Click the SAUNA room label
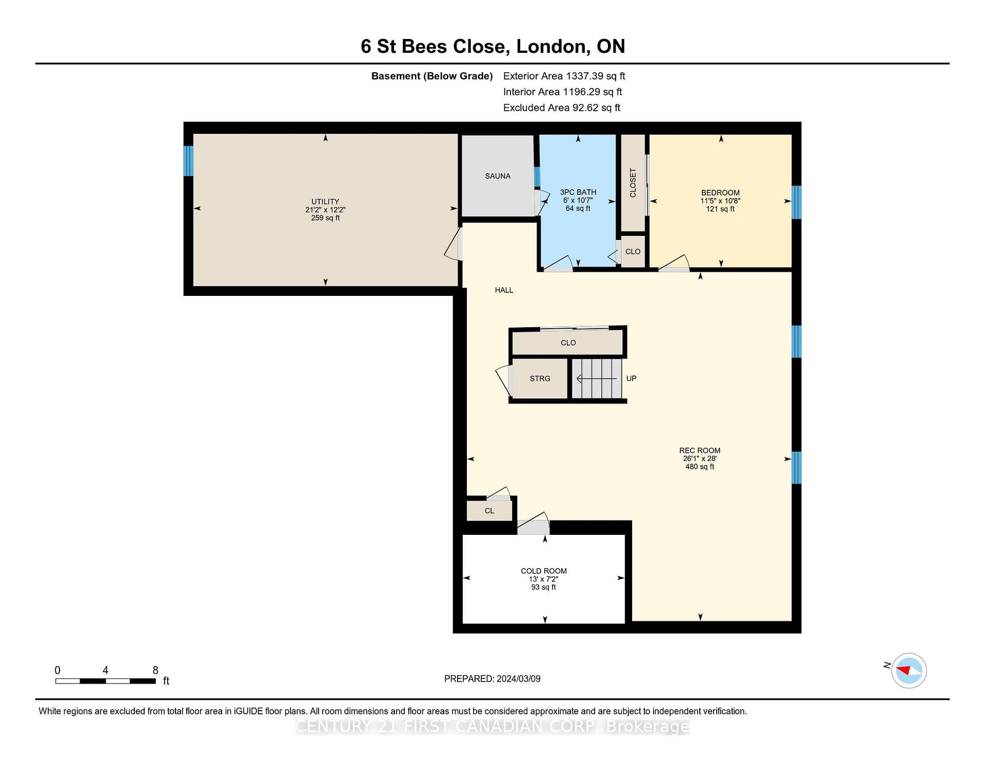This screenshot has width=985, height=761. (x=498, y=176)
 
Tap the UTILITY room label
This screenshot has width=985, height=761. (x=325, y=202)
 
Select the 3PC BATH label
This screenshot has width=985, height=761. (x=578, y=192)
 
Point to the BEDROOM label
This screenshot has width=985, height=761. (x=720, y=193)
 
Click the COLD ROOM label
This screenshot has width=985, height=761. (x=544, y=571)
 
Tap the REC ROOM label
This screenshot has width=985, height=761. (x=700, y=451)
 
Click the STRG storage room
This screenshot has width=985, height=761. (x=540, y=378)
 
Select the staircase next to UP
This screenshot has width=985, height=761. (x=597, y=378)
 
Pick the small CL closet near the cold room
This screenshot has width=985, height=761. (x=489, y=511)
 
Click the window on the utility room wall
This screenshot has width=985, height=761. (x=188, y=161)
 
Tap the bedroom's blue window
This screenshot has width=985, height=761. (x=796, y=202)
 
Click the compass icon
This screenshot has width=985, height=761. (x=909, y=670)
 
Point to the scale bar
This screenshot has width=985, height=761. (x=106, y=681)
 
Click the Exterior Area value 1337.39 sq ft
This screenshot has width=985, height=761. (x=595, y=76)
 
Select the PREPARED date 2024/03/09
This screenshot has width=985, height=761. (x=519, y=678)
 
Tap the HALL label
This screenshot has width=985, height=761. (x=504, y=290)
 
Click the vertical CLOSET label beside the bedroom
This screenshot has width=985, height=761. (x=633, y=183)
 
